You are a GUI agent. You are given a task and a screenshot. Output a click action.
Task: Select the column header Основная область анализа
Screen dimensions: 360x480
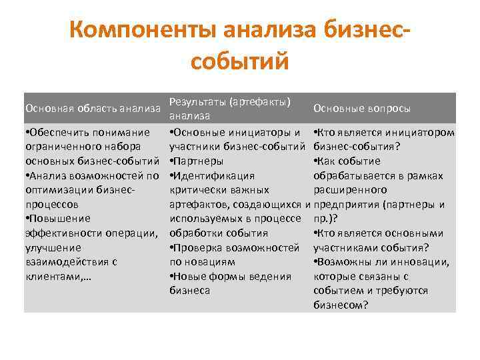pos(93,108)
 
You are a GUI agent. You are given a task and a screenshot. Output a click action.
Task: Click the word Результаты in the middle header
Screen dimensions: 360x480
pos(197,101)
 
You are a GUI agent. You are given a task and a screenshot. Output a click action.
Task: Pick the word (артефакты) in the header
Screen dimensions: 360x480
pos(260,101)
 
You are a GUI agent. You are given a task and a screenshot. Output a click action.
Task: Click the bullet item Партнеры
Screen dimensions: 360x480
pos(199,161)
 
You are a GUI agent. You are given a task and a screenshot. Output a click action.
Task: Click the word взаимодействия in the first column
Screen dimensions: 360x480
pos(65,262)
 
